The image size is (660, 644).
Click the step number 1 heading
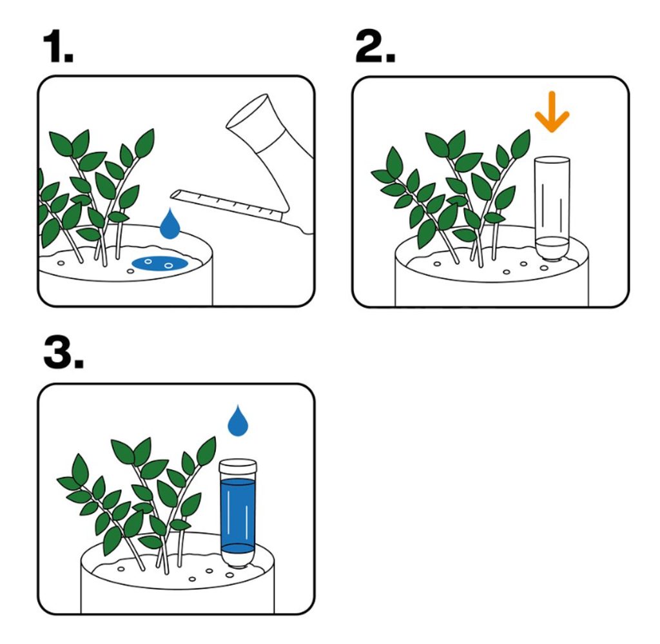pos(58,46)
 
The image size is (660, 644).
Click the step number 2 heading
pos(375,46)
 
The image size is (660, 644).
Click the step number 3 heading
pos(63,353)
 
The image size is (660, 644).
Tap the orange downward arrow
pos(552,112)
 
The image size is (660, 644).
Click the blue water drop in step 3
pos(238,420)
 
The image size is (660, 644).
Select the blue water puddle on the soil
pos(160,263)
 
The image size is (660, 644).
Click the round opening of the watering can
pos(247,111)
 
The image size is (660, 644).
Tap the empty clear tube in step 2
pos(552,209)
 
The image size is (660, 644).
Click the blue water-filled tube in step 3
pos(238,514)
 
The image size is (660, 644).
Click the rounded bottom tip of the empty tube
pos(552,256)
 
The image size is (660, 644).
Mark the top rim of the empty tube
pos(552,161)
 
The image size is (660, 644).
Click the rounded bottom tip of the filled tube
pos(238,562)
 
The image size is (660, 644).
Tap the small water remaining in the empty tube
pos(552,243)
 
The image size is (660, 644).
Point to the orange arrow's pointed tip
pos(552,132)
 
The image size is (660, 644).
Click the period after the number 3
pos(78,364)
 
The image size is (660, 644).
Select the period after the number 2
pos(391,57)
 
